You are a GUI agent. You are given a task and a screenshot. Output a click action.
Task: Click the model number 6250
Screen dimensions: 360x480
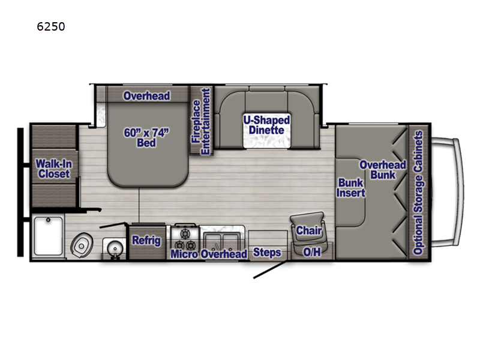coord(51,26)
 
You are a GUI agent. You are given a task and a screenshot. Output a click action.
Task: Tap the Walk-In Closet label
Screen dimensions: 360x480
coord(52,169)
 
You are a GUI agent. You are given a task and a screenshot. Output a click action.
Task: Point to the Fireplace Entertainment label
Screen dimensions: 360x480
coord(200,122)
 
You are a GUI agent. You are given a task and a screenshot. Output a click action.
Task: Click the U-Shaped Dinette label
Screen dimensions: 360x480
coord(266,125)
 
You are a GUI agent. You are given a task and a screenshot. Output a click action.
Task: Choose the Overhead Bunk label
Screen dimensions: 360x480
coord(382,169)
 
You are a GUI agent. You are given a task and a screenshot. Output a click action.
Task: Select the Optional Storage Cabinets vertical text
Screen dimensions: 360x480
coord(418,192)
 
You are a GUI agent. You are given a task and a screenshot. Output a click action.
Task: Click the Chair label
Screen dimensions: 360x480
coord(309,230)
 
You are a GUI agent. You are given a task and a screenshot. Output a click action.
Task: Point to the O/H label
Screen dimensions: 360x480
coord(312,252)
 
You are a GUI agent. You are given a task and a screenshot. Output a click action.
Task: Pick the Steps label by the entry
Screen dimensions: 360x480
coord(267,253)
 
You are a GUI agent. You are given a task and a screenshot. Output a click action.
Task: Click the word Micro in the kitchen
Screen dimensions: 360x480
coord(184,254)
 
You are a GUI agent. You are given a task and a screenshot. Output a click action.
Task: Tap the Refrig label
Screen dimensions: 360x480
coord(146,241)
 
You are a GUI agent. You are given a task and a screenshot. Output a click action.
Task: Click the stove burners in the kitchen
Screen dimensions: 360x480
coord(184,238)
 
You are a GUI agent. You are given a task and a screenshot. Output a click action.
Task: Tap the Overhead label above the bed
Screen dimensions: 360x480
coord(146,96)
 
